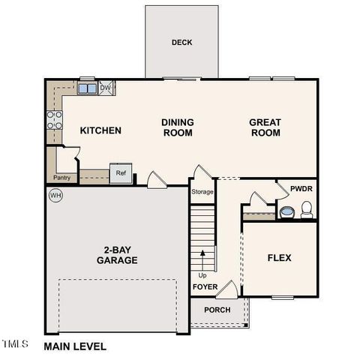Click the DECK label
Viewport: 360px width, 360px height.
coord(181,43)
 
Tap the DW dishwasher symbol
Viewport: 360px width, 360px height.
coord(106,88)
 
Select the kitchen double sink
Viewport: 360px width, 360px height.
coord(87,89)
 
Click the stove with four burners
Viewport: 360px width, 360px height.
coord(55,120)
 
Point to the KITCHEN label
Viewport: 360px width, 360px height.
coord(100,130)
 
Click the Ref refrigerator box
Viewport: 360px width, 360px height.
coord(120,173)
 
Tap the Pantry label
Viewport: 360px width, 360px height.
coord(61,178)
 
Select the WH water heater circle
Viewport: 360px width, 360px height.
coord(55,196)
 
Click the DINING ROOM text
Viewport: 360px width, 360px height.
coord(178,127)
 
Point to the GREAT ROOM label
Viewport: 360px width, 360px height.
coord(265,127)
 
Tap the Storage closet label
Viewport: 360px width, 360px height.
coord(202,192)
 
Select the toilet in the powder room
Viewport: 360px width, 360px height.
coord(306,209)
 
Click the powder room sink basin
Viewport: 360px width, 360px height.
coord(286,213)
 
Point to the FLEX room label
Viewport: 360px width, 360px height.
coord(279,258)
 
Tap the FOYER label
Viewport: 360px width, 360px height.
coord(205,287)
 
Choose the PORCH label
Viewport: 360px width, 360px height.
coord(217,310)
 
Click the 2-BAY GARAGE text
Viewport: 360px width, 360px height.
coord(116,255)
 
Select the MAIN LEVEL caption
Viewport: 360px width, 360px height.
coord(75,346)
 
